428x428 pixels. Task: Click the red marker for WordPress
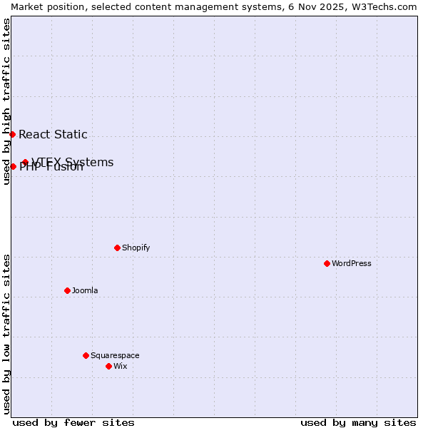coord(327,263)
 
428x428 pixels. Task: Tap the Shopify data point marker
coord(117,248)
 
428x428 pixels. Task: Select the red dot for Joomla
coord(67,290)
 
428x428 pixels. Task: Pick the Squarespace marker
coord(86,355)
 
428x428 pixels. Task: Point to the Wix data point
coord(108,366)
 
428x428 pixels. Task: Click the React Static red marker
coord(12,134)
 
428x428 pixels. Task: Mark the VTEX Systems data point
coord(25,162)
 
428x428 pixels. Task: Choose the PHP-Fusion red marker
coord(13,166)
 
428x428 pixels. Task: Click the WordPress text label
coord(352,263)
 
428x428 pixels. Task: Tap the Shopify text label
coord(136,248)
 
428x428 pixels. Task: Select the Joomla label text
coord(85,290)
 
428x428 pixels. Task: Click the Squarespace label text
coord(115,355)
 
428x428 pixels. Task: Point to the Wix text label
coord(121,366)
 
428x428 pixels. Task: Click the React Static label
coord(53,134)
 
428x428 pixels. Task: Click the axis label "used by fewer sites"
coord(73,422)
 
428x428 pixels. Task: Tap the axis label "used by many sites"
coord(358,422)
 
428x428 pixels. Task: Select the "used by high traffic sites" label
coord(6,101)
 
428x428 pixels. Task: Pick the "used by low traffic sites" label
coord(6,334)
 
